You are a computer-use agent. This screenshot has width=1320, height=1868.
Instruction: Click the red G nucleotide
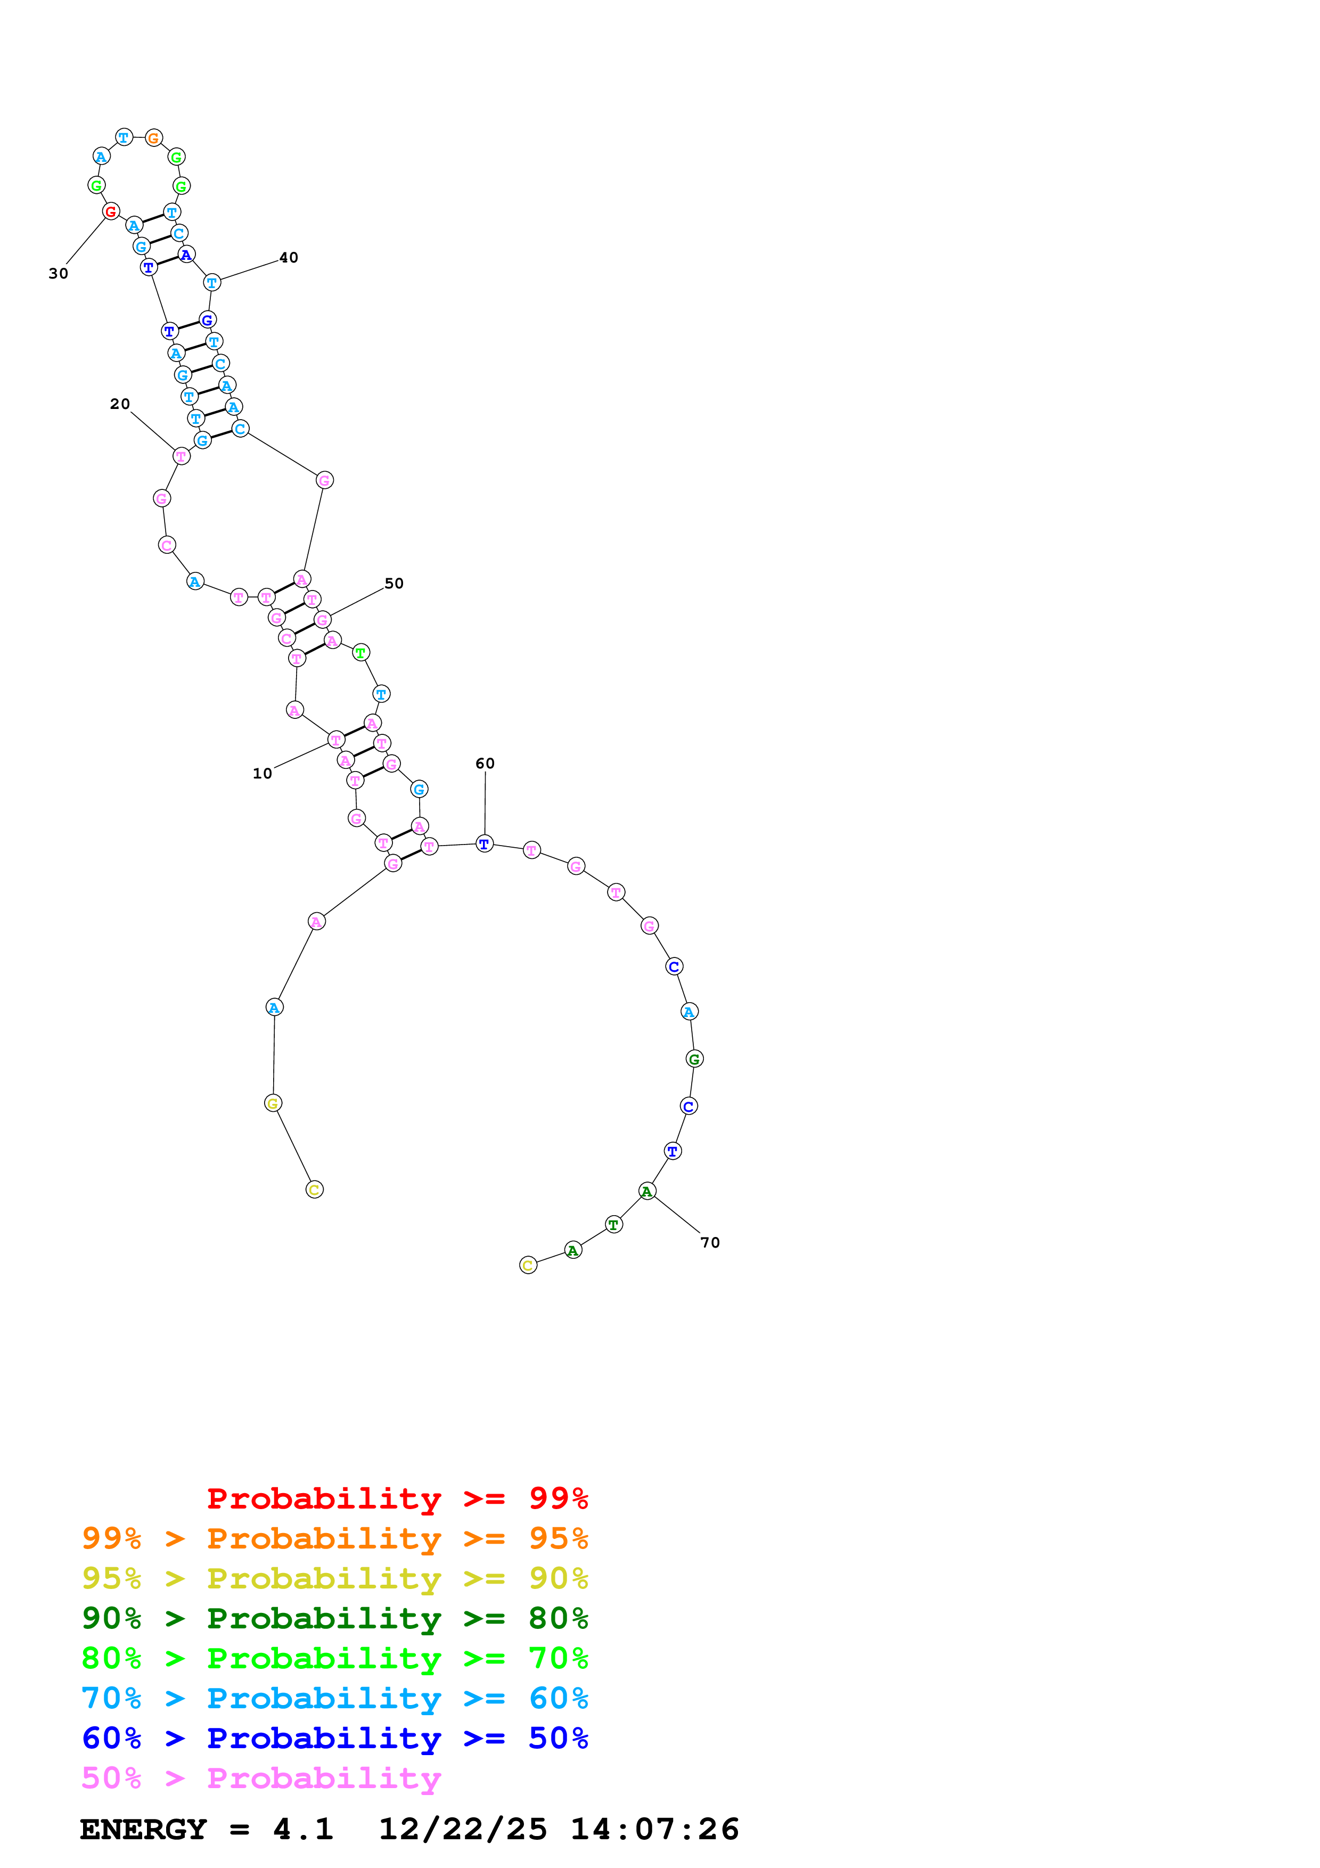click(x=111, y=211)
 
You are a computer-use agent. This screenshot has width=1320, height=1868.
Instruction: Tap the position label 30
click(x=59, y=273)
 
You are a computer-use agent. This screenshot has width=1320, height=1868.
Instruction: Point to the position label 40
click(x=289, y=258)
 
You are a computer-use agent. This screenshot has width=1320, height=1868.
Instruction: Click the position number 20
click(x=120, y=404)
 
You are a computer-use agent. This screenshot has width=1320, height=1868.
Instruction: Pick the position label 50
click(x=393, y=583)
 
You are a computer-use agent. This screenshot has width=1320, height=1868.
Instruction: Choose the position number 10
click(x=262, y=773)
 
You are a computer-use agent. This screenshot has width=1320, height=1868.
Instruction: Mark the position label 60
click(x=485, y=763)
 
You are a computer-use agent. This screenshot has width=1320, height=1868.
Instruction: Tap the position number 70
click(x=710, y=1242)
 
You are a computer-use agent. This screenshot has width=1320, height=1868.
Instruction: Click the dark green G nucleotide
click(x=694, y=1059)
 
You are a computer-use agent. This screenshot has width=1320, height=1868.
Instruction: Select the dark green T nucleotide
click(x=614, y=1224)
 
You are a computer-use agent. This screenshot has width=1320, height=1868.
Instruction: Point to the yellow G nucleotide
click(x=273, y=1103)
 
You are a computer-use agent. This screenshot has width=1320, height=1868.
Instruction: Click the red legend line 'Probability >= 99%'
click(x=397, y=1498)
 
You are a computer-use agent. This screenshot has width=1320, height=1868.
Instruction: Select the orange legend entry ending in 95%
click(x=334, y=1538)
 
